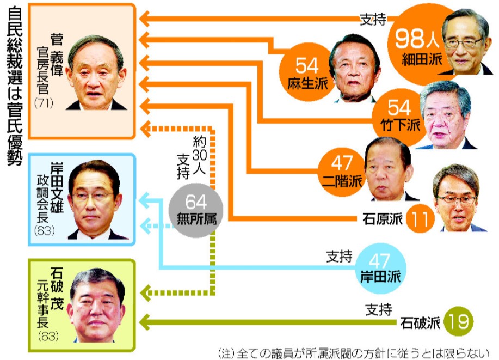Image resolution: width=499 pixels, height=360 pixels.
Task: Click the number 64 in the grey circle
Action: pos(196,203)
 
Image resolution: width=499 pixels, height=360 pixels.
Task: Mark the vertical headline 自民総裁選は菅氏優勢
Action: pos(15,90)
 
